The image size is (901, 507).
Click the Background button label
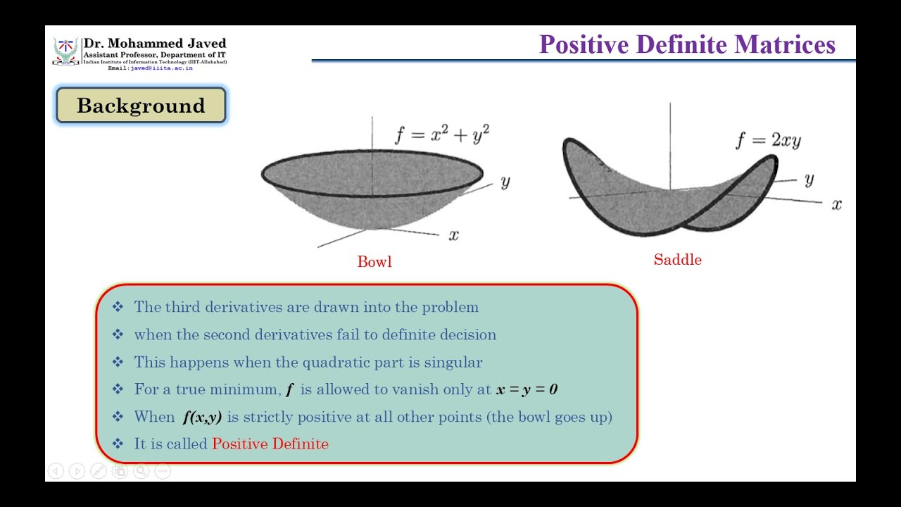pos(141,106)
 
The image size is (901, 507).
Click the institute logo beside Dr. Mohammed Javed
pos(65,51)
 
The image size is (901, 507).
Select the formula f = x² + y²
pos(441,134)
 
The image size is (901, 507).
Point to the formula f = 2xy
pos(768,140)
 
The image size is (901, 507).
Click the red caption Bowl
pos(374,262)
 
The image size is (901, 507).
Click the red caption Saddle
pos(677,260)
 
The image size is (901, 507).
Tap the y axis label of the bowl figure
pos(505,182)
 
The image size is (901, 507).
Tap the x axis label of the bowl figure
pos(454,235)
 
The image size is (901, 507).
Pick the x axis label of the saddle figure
pos(836,204)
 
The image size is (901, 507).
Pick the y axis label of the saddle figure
pos(809,180)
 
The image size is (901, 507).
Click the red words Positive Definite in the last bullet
pos(270,444)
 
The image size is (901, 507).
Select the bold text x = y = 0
pos(527,389)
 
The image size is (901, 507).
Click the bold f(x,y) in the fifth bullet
pos(202,417)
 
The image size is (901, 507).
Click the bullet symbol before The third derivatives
pos(118,307)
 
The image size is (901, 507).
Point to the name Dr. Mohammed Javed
pos(155,44)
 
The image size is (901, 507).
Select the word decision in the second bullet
pos(469,335)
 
